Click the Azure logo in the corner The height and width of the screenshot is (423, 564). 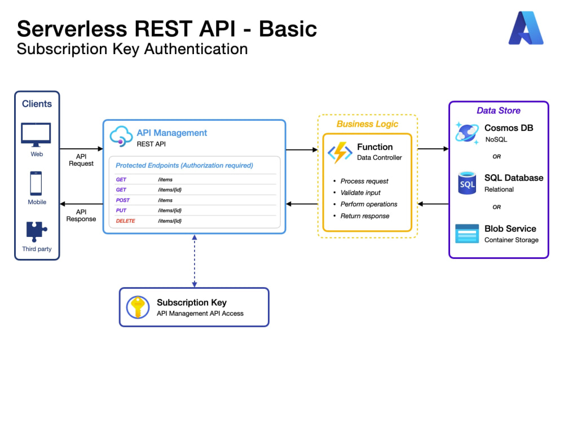click(526, 28)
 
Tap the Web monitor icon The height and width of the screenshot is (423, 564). click(36, 135)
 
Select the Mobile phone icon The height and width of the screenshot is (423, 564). click(36, 183)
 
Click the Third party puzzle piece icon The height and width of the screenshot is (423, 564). click(36, 232)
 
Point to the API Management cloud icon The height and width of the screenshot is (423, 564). click(121, 136)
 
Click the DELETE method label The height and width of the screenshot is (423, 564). click(126, 221)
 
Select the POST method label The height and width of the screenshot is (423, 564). click(122, 200)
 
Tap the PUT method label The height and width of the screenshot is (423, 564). click(121, 210)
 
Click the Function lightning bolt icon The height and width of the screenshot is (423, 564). click(340, 152)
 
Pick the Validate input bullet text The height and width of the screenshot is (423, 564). click(360, 193)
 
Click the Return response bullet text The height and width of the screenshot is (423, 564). click(365, 216)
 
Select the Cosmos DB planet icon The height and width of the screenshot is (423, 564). click(467, 133)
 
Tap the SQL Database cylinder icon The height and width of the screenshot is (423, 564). click(467, 183)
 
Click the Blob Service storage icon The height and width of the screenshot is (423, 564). click(467, 233)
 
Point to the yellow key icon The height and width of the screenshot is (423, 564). click(138, 307)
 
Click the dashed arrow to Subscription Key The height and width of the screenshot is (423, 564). click(195, 261)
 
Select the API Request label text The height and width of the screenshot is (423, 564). click(81, 160)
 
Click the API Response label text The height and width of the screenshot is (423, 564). click(81, 215)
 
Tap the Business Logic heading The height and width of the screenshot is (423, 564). click(367, 124)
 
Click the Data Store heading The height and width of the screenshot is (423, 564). click(499, 111)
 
